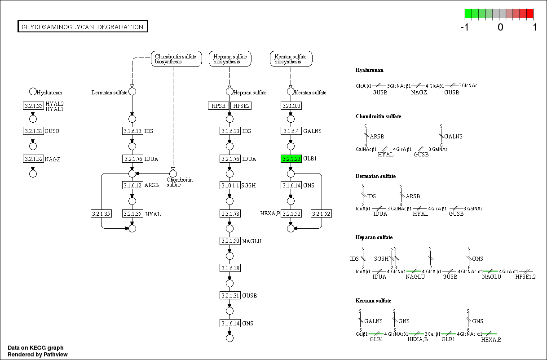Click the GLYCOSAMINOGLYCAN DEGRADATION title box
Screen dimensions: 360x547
[x=83, y=27]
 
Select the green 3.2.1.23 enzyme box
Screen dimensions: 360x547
[x=291, y=159]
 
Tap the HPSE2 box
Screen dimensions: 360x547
[x=241, y=106]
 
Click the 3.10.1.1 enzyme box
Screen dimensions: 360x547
[x=230, y=186]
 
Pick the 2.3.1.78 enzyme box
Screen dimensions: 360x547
[x=230, y=213]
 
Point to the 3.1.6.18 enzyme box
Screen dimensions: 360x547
[x=230, y=268]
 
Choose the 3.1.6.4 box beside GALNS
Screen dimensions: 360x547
[x=291, y=131]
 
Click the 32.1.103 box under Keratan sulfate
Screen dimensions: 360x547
[x=291, y=106]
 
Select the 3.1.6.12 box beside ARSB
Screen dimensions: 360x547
[x=132, y=186]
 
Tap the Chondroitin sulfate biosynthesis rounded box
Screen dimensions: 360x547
[x=176, y=59]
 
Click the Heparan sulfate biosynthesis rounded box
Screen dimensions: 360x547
[x=230, y=59]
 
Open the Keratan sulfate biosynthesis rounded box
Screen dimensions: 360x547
[x=291, y=59]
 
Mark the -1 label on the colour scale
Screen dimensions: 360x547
[x=465, y=27]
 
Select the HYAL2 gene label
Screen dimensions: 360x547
[x=54, y=103]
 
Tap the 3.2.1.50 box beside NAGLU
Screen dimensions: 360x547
[x=230, y=241]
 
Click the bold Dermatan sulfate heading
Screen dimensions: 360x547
[x=375, y=176]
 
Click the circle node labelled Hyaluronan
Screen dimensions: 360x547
[x=33, y=92]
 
